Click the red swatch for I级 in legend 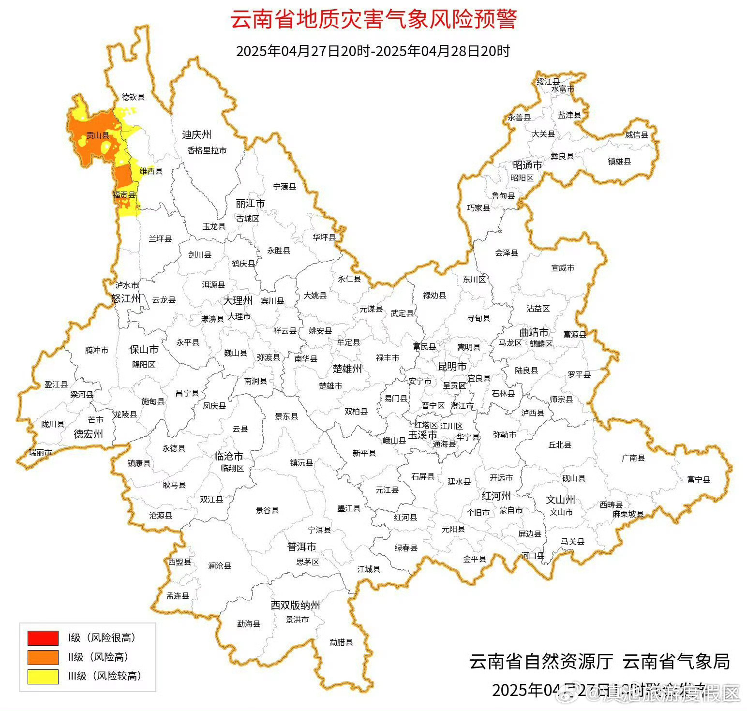(43, 638)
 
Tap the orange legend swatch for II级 (43, 657)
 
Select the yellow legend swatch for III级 (43, 676)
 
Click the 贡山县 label (97, 136)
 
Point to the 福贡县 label (124, 195)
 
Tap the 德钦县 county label (133, 97)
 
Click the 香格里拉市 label (207, 150)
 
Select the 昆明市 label (452, 366)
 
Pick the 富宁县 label (699, 480)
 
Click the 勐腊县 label (341, 642)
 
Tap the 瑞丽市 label (40, 453)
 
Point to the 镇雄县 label (619, 162)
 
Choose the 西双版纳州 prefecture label (295, 606)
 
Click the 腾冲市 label (97, 350)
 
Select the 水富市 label (563, 89)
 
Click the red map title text (373, 20)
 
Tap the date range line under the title (373, 51)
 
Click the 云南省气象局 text (676, 662)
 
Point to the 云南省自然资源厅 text (541, 662)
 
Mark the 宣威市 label (563, 268)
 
